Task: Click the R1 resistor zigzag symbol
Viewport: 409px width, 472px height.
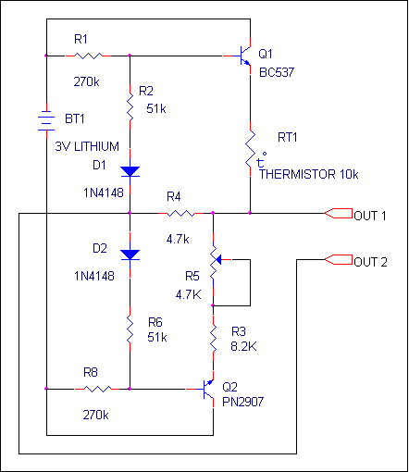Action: [x=88, y=56]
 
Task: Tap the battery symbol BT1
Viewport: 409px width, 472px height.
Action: [x=46, y=120]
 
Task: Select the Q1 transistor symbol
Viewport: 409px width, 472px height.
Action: [x=242, y=56]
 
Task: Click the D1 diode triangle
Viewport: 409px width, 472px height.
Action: [x=130, y=171]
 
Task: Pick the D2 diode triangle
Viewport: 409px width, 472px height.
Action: [x=130, y=255]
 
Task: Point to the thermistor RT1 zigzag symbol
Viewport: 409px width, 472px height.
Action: [x=251, y=149]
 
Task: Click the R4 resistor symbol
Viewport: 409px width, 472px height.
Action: [x=181, y=213]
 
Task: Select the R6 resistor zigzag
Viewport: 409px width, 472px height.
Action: [x=130, y=329]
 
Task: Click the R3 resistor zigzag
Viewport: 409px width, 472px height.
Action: [x=213, y=338]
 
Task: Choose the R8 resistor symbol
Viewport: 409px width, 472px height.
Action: [x=98, y=389]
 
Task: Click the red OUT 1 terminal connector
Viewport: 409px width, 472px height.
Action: [x=338, y=213]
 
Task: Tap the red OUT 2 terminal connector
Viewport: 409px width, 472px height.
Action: [x=338, y=259]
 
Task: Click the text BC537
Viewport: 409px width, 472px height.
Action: [x=277, y=72]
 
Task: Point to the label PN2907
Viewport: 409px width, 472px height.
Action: [x=243, y=402]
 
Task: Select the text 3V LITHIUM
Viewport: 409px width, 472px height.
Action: [x=87, y=146]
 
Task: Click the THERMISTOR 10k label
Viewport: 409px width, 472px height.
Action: [x=308, y=174]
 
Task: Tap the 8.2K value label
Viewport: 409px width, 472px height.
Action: [x=243, y=346]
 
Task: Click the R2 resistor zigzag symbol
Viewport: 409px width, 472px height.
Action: [x=130, y=106]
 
